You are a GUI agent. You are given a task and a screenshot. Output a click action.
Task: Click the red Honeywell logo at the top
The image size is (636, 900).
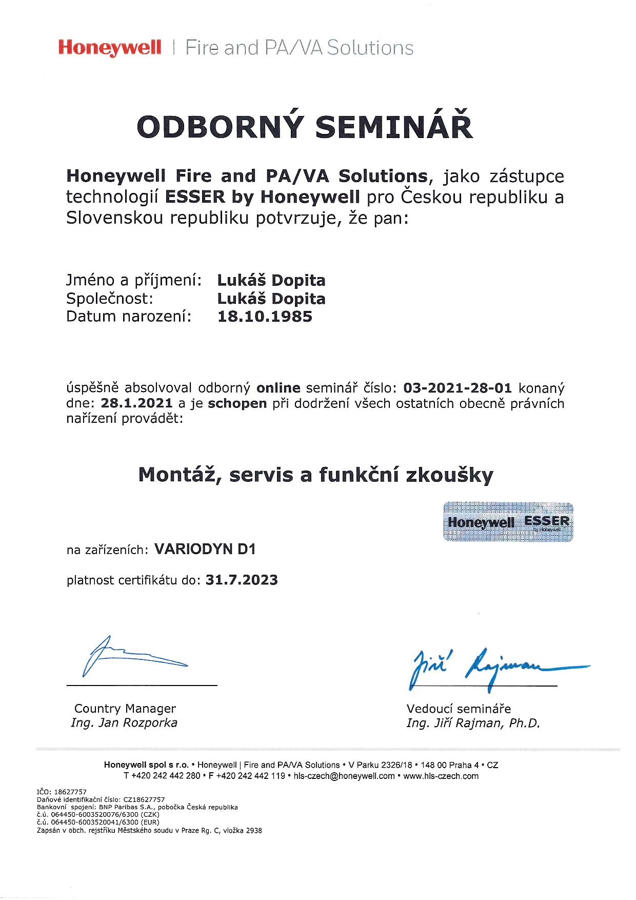pyautogui.click(x=110, y=48)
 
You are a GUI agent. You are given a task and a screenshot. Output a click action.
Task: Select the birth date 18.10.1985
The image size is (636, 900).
pyautogui.click(x=265, y=317)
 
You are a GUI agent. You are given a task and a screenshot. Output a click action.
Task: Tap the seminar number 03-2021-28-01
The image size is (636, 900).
pyautogui.click(x=458, y=387)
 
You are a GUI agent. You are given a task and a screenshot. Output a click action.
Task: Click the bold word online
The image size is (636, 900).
pyautogui.click(x=278, y=387)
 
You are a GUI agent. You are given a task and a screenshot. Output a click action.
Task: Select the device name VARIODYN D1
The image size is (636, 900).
pyautogui.click(x=205, y=550)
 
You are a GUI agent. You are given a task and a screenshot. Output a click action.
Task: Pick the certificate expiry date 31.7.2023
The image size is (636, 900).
pyautogui.click(x=242, y=580)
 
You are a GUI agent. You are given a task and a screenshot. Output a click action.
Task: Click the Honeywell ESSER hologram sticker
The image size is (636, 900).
pyautogui.click(x=507, y=522)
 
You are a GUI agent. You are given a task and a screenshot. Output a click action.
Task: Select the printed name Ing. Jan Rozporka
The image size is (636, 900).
pyautogui.click(x=124, y=723)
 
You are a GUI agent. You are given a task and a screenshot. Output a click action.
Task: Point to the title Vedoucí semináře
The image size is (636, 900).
pyautogui.click(x=459, y=709)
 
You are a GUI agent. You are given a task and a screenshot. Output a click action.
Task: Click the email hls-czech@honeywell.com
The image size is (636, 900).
pyautogui.click(x=344, y=776)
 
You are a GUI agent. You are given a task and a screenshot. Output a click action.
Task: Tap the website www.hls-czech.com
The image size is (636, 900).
pyautogui.click(x=441, y=776)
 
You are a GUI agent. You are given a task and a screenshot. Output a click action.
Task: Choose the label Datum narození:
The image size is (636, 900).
pyautogui.click(x=129, y=317)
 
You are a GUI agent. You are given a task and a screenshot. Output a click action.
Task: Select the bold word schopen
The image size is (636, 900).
pyautogui.click(x=237, y=403)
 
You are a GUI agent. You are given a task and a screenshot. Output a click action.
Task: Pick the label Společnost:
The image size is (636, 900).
pyautogui.click(x=110, y=299)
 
